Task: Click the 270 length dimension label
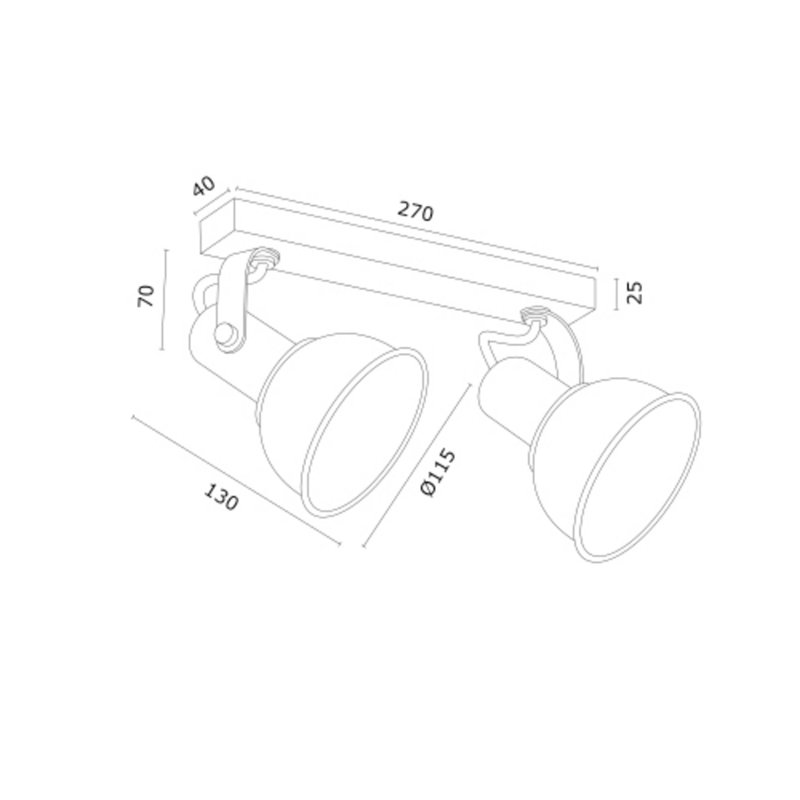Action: pos(415,212)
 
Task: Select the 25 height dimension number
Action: pos(634,292)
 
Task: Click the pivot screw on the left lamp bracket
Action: pos(224,334)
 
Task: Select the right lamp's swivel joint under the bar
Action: pos(534,316)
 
